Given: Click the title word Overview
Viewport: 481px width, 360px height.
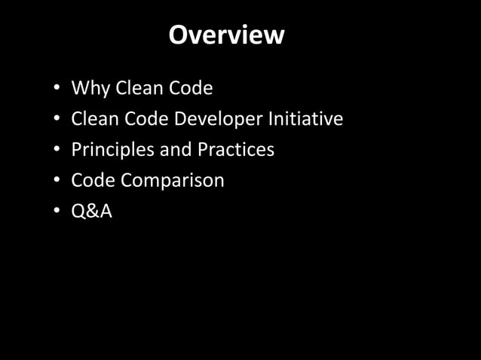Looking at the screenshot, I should click(x=226, y=35).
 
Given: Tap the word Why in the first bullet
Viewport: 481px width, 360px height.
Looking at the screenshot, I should click(x=88, y=89).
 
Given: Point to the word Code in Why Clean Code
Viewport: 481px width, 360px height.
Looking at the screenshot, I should click(x=190, y=89).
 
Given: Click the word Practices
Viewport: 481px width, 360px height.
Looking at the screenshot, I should click(x=236, y=150).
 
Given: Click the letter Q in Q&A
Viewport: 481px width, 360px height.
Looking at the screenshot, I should click(x=78, y=212).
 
